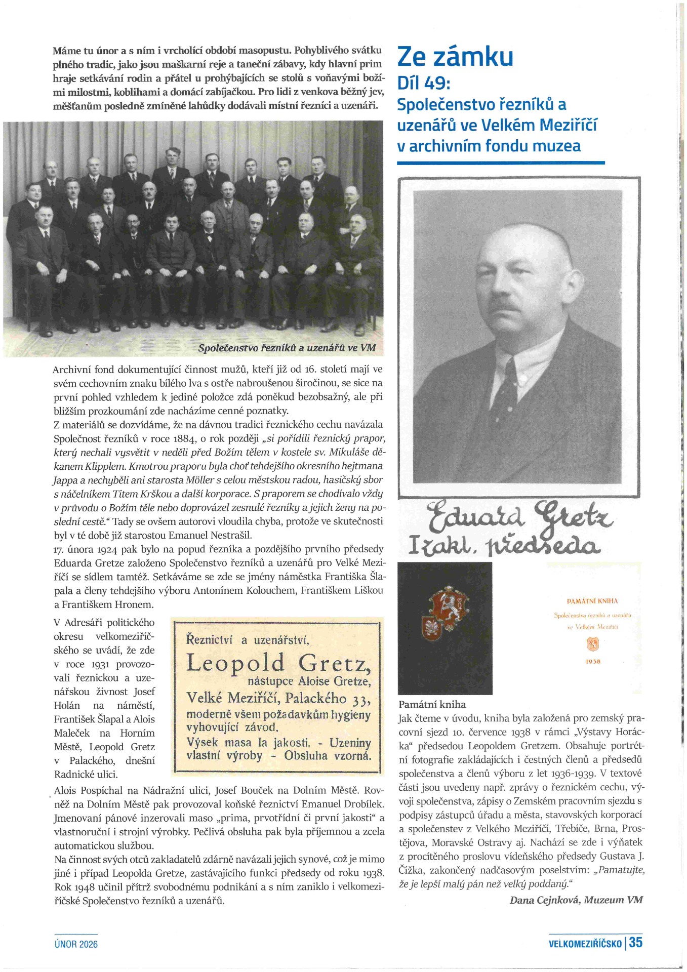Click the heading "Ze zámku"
pyautogui.click(x=455, y=57)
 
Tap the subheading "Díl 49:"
pyautogui.click(x=424, y=83)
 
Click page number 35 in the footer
pyautogui.click(x=636, y=943)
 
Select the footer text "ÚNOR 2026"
pyautogui.click(x=76, y=944)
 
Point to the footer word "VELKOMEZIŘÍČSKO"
pyautogui.click(x=585, y=944)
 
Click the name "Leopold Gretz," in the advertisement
pyautogui.click(x=278, y=663)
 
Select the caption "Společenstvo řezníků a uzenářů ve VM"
pyautogui.click(x=287, y=348)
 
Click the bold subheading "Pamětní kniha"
pyautogui.click(x=432, y=704)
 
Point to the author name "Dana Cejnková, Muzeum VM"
pyautogui.click(x=576, y=900)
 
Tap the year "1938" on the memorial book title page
pyautogui.click(x=593, y=662)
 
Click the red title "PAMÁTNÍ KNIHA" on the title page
pyautogui.click(x=592, y=601)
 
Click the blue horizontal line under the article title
pyautogui.click(x=501, y=163)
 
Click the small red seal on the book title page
pyautogui.click(x=593, y=644)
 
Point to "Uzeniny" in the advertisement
pyautogui.click(x=350, y=743)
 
